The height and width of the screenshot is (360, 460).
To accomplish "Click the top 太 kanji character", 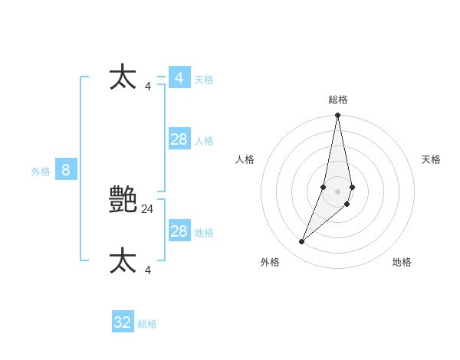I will (x=123, y=78).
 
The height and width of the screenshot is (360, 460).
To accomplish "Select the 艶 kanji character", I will (x=123, y=200).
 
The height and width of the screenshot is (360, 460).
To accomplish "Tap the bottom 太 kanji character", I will (x=123, y=261).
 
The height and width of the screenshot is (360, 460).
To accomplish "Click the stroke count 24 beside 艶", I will (x=148, y=208).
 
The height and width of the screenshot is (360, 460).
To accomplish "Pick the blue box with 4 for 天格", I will (x=179, y=78).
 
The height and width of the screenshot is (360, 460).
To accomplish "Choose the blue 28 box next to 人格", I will (x=179, y=139).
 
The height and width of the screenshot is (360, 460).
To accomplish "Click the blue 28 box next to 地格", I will (x=179, y=231).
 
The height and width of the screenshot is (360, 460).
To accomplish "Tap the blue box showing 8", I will (x=66, y=170).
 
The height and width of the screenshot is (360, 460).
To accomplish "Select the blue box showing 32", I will (x=123, y=322).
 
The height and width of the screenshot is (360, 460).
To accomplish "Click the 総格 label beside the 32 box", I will (x=147, y=324).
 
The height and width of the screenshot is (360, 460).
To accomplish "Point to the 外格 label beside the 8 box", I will (x=41, y=172).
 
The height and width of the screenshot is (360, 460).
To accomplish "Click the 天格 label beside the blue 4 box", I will (x=204, y=80).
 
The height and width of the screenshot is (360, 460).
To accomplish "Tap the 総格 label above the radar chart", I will (x=338, y=100).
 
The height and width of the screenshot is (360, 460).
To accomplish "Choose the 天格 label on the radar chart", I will (x=431, y=159).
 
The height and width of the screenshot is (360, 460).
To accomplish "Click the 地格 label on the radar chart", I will (x=402, y=262).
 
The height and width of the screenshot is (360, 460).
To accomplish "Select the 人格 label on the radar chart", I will (x=245, y=159).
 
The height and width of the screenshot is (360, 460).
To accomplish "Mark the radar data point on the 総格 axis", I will (x=337, y=116).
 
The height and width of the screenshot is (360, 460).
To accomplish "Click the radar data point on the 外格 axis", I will (x=301, y=242).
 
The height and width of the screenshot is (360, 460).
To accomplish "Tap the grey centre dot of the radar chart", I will (x=337, y=191).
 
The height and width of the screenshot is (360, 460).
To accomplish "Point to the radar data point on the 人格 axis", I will (x=324, y=187).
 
